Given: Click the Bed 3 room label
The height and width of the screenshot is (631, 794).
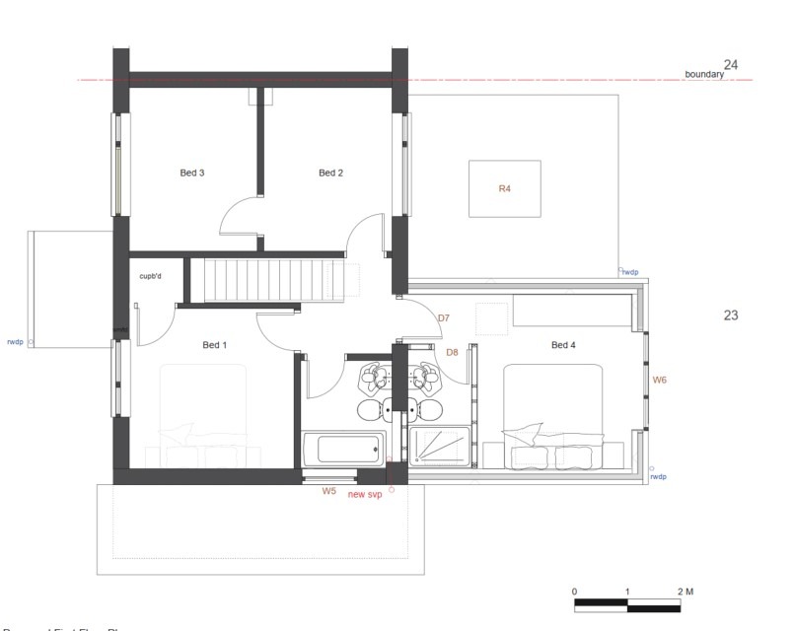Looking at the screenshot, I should point(191,174).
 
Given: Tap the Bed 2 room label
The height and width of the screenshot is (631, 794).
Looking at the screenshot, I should point(330,174).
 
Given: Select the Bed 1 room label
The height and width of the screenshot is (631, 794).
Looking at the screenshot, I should point(214,345).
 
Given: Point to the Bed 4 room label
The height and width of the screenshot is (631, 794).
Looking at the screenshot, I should point(562,345).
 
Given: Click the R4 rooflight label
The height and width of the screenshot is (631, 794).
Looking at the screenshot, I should point(504,188).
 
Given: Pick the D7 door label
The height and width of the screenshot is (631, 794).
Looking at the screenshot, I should point(443,318).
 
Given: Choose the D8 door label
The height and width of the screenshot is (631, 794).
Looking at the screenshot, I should point(452,352).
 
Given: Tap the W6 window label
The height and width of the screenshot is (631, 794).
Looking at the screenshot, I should point(660,380).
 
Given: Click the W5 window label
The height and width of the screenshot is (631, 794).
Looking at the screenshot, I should point(329,490).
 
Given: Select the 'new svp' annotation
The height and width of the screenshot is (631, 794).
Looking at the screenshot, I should point(365,494).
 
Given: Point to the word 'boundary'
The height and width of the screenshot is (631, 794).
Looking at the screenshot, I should point(704,74).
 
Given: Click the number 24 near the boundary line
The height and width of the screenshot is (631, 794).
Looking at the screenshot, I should point(730,65).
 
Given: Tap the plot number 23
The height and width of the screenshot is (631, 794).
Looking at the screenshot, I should point(730,315).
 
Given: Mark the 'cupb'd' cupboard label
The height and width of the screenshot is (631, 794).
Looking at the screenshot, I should point(150,276).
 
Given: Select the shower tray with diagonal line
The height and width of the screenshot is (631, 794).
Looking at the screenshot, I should point(439,449).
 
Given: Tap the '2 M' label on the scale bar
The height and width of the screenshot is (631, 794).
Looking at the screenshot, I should point(686,592).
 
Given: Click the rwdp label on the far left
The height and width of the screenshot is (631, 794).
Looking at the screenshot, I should point(14,343).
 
